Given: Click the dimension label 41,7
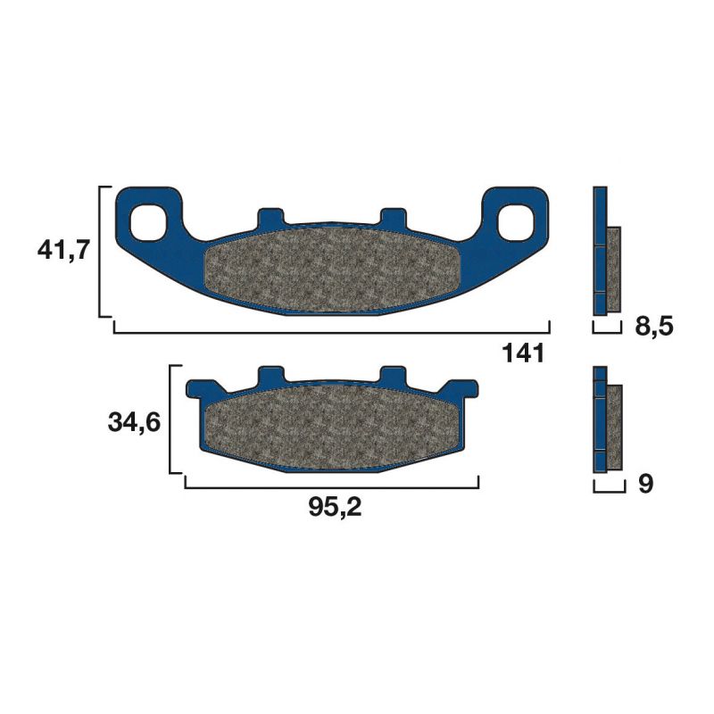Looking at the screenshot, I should [x=63, y=251].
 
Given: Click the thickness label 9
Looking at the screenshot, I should [x=647, y=485].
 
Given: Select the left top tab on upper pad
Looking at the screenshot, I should [x=270, y=217].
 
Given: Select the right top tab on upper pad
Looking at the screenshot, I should [x=393, y=217].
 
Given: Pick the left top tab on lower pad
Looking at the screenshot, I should [x=270, y=375].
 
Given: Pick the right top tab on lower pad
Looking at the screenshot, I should [x=393, y=375].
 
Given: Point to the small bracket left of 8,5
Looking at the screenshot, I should [x=607, y=330].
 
